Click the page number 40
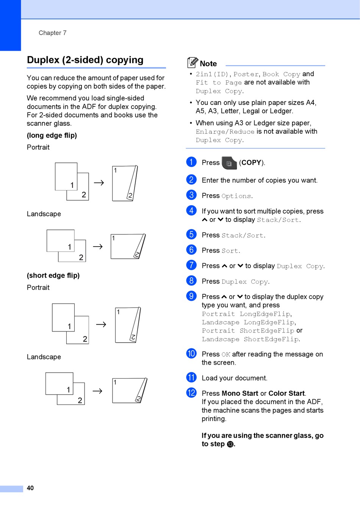(30, 488)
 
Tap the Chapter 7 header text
(52, 33)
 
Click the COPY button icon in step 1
(229, 163)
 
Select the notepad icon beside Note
(193, 62)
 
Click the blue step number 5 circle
(191, 234)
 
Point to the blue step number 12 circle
(191, 393)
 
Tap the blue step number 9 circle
(191, 296)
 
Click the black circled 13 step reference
(230, 444)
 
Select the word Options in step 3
(236, 196)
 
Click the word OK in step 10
(226, 354)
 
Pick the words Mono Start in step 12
(240, 393)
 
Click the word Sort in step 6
(230, 251)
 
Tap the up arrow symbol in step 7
(224, 266)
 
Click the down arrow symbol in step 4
(221, 220)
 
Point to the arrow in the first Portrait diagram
(99, 183)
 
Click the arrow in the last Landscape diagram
(97, 391)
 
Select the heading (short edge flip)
(53, 275)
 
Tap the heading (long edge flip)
(52, 135)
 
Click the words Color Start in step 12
(286, 393)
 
